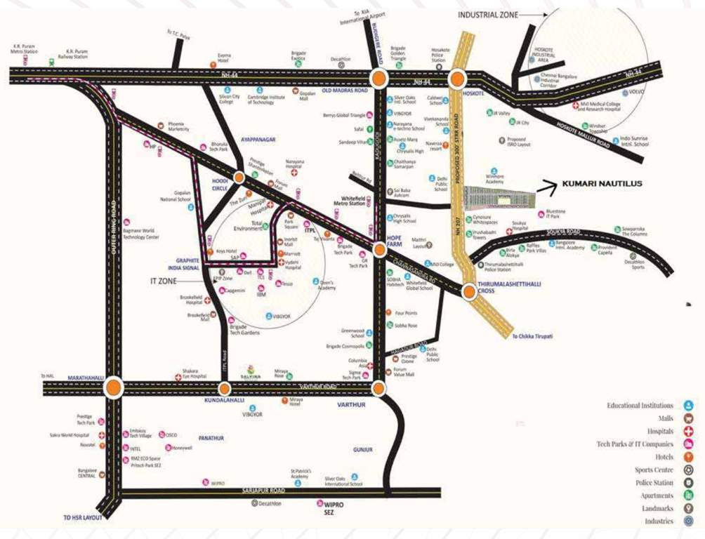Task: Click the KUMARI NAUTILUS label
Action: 602,184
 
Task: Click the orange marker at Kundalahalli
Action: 224,388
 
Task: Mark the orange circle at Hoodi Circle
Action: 239,178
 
